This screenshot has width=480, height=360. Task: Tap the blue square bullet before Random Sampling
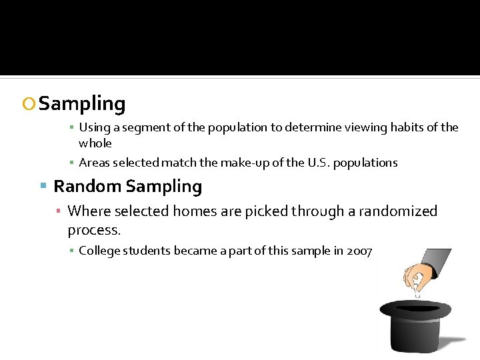click(43, 187)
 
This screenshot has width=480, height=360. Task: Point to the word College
click(100, 251)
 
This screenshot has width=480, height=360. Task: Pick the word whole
click(95, 143)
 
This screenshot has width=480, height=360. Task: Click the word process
click(94, 230)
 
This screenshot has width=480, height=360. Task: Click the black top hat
click(415, 327)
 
